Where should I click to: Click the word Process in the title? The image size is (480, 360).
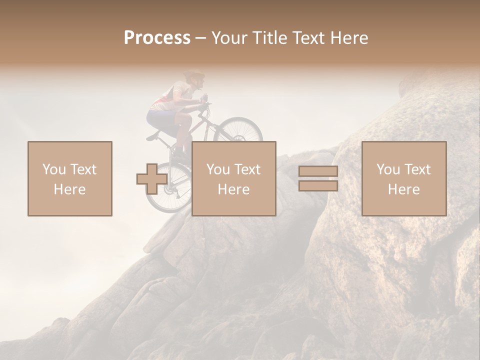[x=157, y=38]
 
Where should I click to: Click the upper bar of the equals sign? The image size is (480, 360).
[x=318, y=171]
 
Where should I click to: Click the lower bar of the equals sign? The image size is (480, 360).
[x=318, y=185]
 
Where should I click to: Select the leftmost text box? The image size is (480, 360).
[x=70, y=178]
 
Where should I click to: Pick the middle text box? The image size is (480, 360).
[x=234, y=178]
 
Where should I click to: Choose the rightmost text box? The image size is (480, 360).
[x=404, y=178]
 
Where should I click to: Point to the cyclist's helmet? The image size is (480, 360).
[x=194, y=75]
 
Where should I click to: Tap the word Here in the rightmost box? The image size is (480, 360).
[x=404, y=189]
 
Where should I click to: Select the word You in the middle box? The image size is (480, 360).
[x=217, y=169]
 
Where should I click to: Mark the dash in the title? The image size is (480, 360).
[x=200, y=38]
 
